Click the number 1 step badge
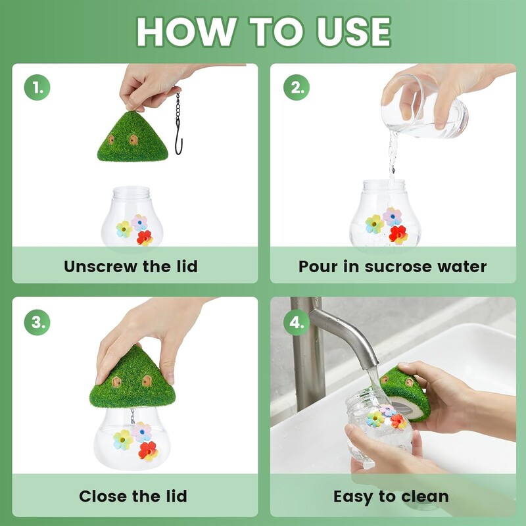[37, 87]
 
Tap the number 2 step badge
[297, 87]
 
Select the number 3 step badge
[37, 322]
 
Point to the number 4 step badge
[297, 322]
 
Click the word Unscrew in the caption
[101, 266]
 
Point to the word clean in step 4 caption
[425, 496]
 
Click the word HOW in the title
[186, 32]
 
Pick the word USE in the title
[353, 32]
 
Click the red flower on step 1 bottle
[145, 238]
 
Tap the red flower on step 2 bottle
[398, 235]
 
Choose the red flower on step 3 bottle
[148, 451]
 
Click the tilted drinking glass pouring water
[424, 107]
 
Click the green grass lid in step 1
[133, 137]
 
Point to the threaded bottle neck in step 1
[131, 193]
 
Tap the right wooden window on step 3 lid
[147, 381]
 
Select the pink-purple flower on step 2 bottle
[392, 216]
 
